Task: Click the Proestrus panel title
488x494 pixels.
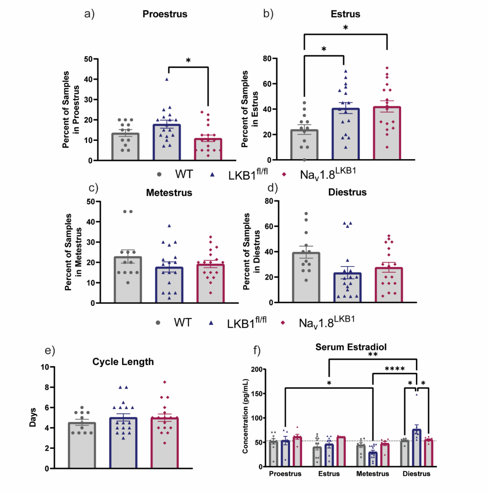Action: [165, 14]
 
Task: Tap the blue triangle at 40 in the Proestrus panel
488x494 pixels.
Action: [166, 79]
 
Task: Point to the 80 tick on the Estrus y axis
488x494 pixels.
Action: [267, 59]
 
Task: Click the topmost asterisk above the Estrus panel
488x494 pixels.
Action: [345, 27]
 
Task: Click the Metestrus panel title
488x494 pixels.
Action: [169, 193]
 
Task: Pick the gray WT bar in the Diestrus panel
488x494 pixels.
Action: [306, 279]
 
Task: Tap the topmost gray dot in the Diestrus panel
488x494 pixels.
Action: [306, 214]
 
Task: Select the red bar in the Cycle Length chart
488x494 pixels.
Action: [164, 445]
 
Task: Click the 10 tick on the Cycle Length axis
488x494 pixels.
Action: [45, 367]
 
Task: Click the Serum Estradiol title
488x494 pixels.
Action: [351, 347]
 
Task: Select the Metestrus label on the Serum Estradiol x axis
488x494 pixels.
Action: [373, 474]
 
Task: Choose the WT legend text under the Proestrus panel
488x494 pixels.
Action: [184, 174]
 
